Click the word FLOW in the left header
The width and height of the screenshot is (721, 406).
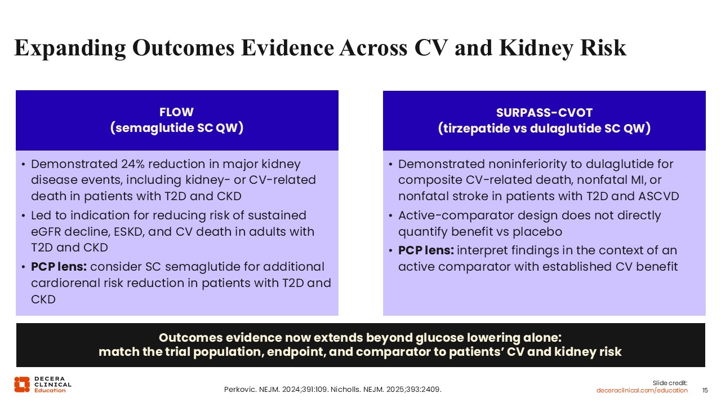(176, 112)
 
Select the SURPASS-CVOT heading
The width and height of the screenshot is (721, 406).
(544, 113)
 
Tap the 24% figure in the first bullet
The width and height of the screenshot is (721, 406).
(132, 164)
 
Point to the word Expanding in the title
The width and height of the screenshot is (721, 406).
(70, 48)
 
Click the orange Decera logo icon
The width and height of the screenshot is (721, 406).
(22, 385)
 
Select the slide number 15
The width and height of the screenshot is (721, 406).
(705, 390)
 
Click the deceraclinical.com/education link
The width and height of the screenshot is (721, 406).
(642, 390)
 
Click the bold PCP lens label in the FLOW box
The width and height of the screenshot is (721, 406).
(59, 267)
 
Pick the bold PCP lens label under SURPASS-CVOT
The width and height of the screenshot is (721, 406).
(426, 250)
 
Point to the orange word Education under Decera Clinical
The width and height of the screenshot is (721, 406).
(50, 390)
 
